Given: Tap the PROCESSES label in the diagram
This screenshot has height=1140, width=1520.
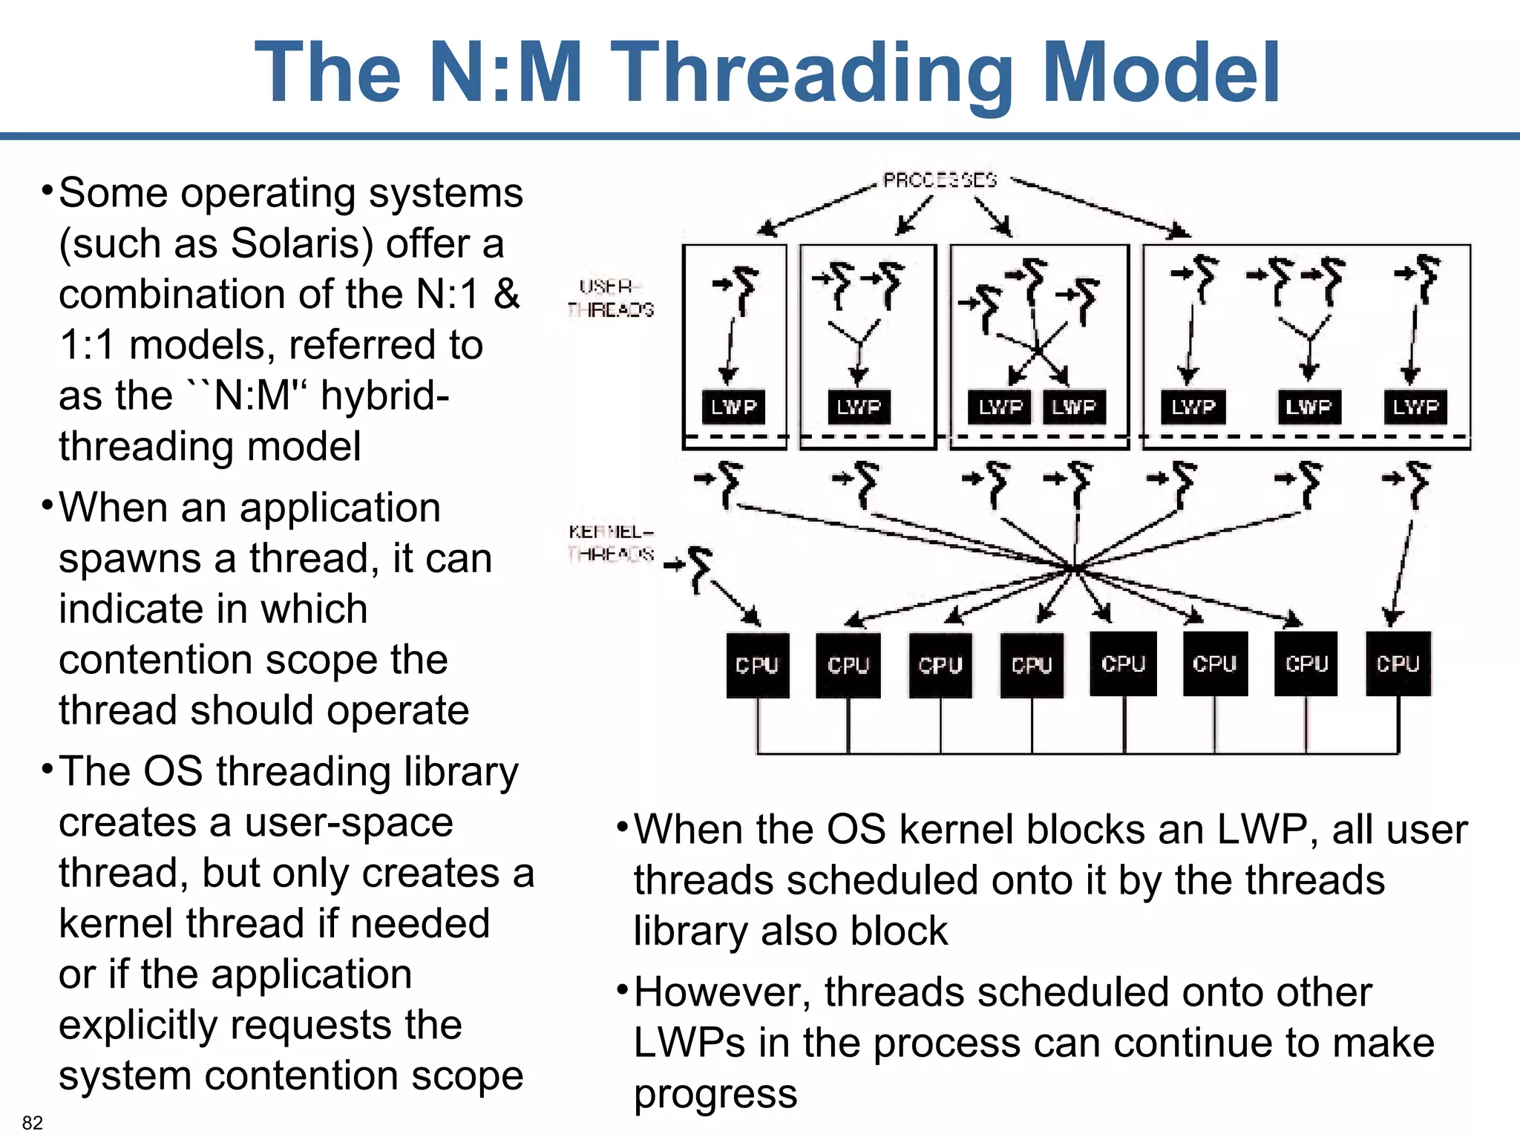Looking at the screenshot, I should tap(940, 180).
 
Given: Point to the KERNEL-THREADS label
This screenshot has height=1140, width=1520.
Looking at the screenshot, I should tap(611, 543).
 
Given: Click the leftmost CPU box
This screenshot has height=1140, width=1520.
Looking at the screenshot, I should tap(757, 665).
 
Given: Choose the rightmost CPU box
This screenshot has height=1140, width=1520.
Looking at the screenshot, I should tap(1398, 664).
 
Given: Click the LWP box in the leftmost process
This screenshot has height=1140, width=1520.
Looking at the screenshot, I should tap(733, 407).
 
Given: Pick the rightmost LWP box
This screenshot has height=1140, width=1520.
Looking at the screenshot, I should tap(1415, 407).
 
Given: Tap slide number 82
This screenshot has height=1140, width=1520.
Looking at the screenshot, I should tap(33, 1122).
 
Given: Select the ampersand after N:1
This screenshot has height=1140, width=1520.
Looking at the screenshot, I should tap(507, 294).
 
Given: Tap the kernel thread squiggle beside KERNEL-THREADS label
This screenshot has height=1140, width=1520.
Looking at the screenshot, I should tap(698, 568).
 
